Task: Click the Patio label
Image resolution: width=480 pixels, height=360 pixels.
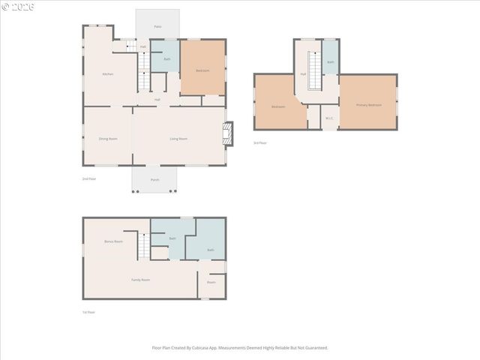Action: [157, 26]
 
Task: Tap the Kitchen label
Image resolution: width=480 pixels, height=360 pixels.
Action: [108, 73]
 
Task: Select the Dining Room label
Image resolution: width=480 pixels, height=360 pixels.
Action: [108, 139]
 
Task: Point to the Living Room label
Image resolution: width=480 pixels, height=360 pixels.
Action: [178, 139]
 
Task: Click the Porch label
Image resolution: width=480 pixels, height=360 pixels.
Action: [154, 180]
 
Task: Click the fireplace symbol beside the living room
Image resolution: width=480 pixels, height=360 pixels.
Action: [229, 133]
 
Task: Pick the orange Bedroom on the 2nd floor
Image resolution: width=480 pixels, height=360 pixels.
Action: [202, 70]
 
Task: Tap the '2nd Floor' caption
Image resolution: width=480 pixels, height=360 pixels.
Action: [89, 178]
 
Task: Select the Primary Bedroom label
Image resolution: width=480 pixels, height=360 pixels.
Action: [369, 105]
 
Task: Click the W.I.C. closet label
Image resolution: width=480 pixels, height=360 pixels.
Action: [329, 118]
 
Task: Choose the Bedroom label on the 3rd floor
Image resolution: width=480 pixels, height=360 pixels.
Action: [278, 106]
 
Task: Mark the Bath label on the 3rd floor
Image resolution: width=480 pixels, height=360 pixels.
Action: [330, 62]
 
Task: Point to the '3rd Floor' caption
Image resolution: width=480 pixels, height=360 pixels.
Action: [260, 142]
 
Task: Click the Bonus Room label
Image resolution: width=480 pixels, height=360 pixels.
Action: [113, 241]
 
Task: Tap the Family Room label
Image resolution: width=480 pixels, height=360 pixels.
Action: [140, 280]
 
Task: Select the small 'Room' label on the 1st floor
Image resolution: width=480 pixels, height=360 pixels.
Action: [211, 282]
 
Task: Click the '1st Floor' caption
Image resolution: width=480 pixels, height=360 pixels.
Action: [89, 312]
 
